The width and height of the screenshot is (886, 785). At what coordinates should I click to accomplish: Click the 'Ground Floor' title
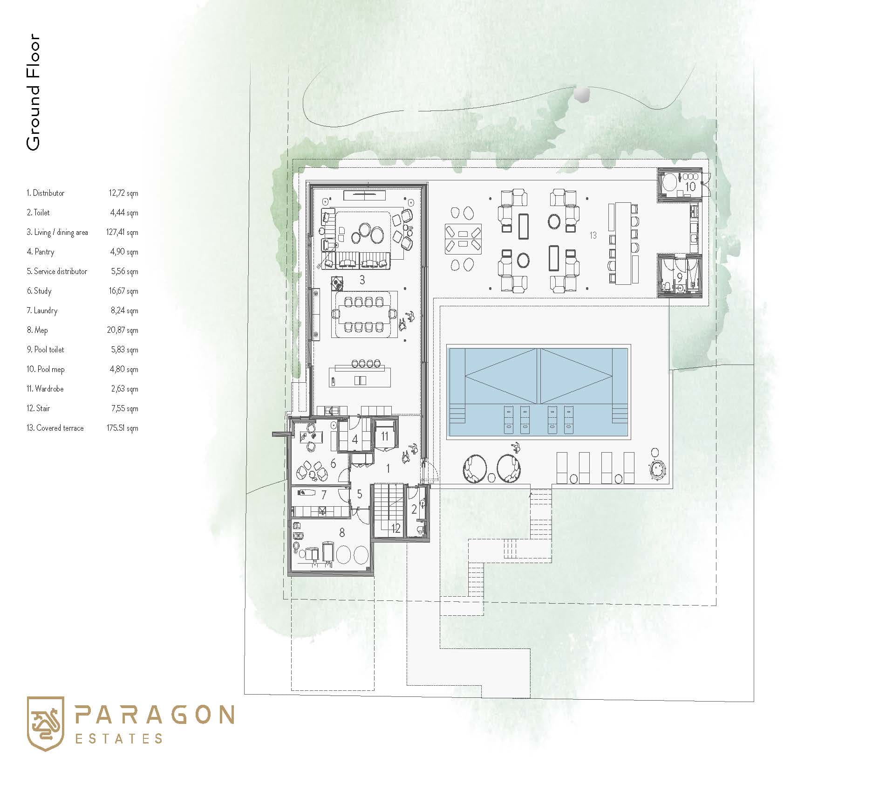[x=33, y=92]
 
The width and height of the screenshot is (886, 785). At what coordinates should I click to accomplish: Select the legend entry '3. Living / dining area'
[x=57, y=232]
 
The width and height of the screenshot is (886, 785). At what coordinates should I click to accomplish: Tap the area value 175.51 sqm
[x=123, y=428]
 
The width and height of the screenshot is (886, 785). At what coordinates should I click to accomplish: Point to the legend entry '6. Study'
[x=39, y=291]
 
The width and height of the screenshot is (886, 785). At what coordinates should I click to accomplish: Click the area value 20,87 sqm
[x=123, y=330]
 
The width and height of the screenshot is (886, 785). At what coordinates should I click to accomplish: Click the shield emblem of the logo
[x=45, y=724]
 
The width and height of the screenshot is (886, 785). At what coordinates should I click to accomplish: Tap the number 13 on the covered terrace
[x=593, y=235]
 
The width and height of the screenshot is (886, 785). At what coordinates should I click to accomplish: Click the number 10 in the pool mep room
[x=690, y=186]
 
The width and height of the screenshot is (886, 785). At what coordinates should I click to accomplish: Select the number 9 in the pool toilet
[x=680, y=277]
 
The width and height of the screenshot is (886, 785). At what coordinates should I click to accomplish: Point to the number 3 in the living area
[x=362, y=280]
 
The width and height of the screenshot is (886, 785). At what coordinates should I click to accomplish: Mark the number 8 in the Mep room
[x=342, y=532]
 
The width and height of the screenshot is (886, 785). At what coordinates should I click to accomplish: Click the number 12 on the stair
[x=395, y=528]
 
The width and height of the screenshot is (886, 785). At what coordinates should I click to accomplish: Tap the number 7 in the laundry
[x=324, y=495]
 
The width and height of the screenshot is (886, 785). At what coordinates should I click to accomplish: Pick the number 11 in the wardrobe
[x=385, y=436]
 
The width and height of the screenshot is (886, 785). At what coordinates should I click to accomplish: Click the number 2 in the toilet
[x=414, y=510]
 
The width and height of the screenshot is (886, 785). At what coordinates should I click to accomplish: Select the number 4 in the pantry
[x=355, y=439]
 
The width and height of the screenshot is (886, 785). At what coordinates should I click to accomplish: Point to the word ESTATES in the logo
[x=119, y=739]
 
